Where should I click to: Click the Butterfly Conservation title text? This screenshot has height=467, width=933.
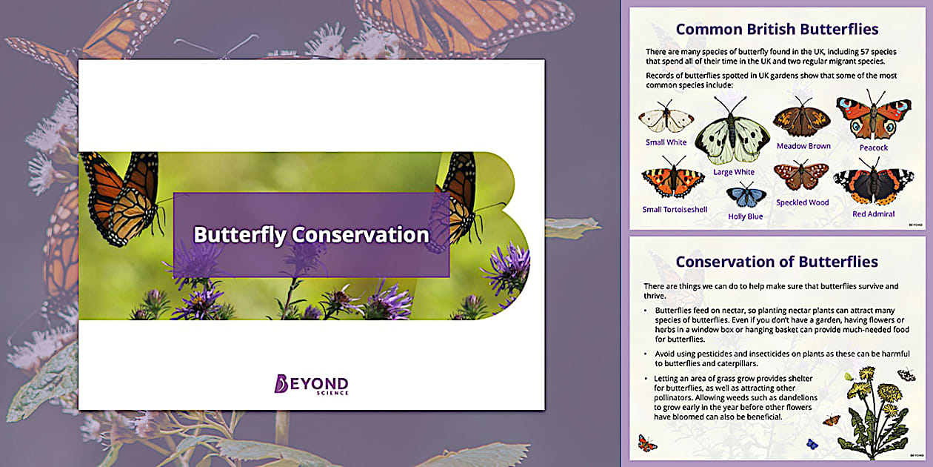[x=311, y=235]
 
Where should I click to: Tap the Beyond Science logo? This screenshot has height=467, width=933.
[x=311, y=384]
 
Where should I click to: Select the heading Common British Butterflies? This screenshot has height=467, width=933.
[x=777, y=30]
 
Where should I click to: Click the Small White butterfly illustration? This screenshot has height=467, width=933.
[x=666, y=119]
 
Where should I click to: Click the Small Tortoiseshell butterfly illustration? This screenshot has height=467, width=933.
[x=672, y=181]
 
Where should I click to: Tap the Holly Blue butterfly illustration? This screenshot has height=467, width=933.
[x=746, y=196]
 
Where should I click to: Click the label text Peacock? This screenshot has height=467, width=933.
[x=873, y=148]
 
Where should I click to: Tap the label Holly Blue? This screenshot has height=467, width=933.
[x=745, y=216]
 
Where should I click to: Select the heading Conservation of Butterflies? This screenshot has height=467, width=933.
[x=777, y=262]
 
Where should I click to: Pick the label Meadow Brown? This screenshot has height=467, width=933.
[x=803, y=146]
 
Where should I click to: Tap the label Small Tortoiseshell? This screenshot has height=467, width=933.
[x=675, y=210]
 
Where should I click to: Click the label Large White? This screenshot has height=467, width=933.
[x=733, y=172]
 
